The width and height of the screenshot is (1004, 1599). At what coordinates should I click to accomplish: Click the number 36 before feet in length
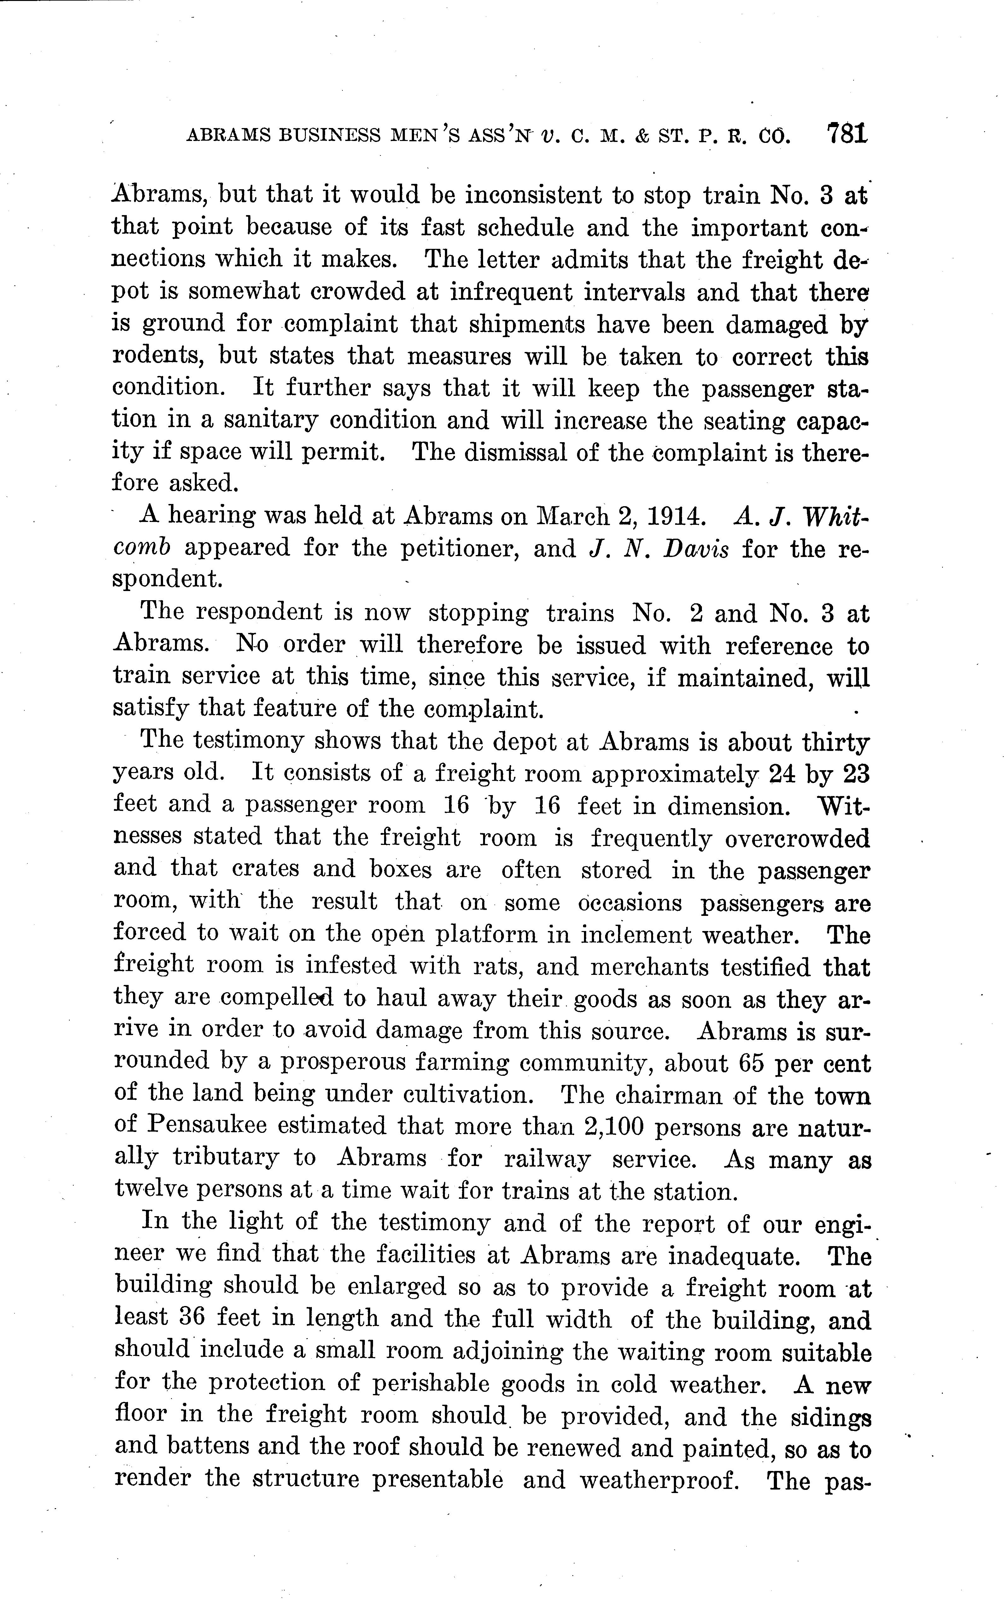point(194,1319)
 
